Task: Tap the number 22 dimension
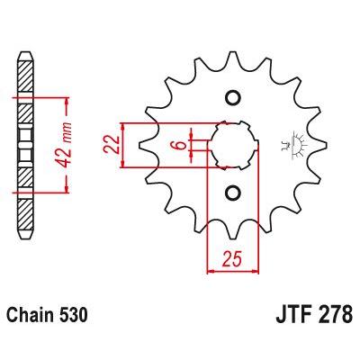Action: click(112, 145)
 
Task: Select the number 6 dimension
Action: click(180, 145)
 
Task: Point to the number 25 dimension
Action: click(231, 259)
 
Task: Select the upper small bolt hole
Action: click(232, 97)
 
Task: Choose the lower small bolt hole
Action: click(232, 193)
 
